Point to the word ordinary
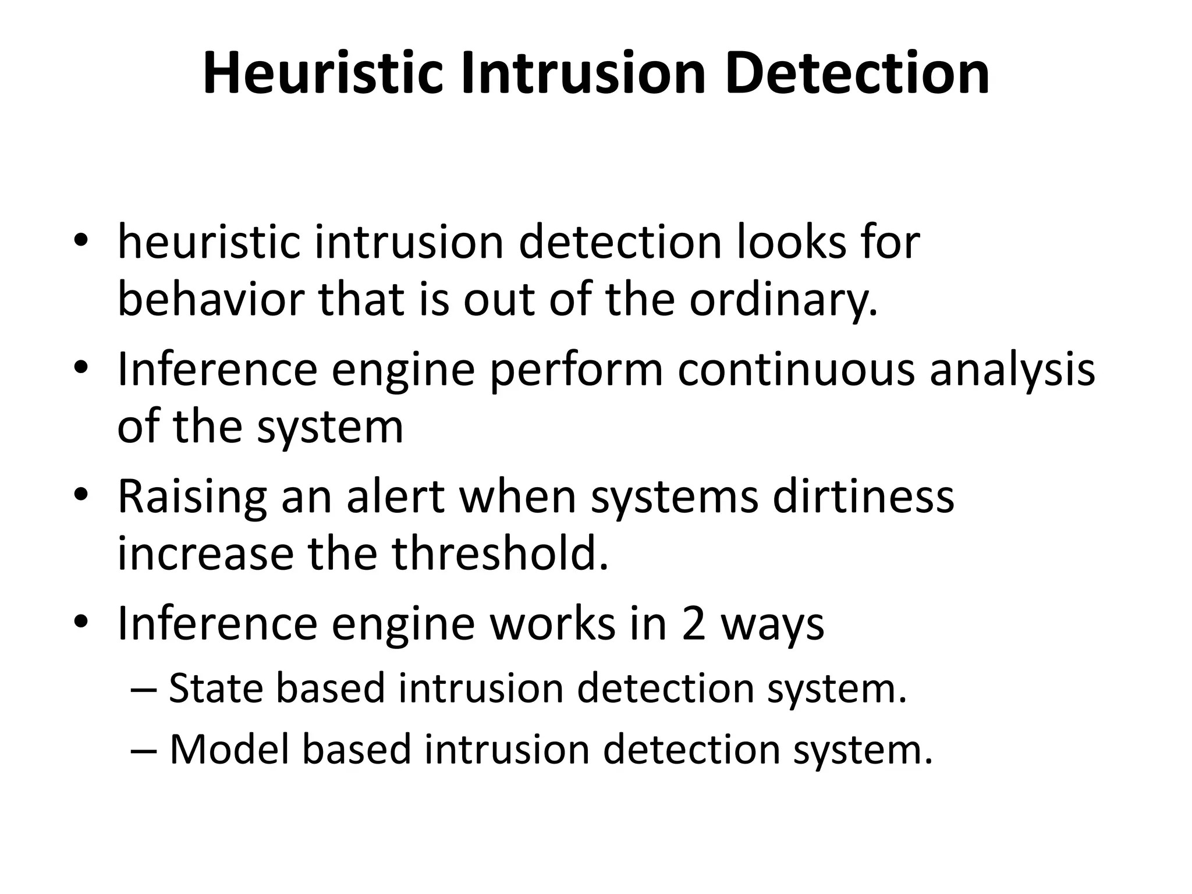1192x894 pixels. [x=783, y=300]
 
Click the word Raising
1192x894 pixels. [x=192, y=498]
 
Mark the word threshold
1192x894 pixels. [x=500, y=554]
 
